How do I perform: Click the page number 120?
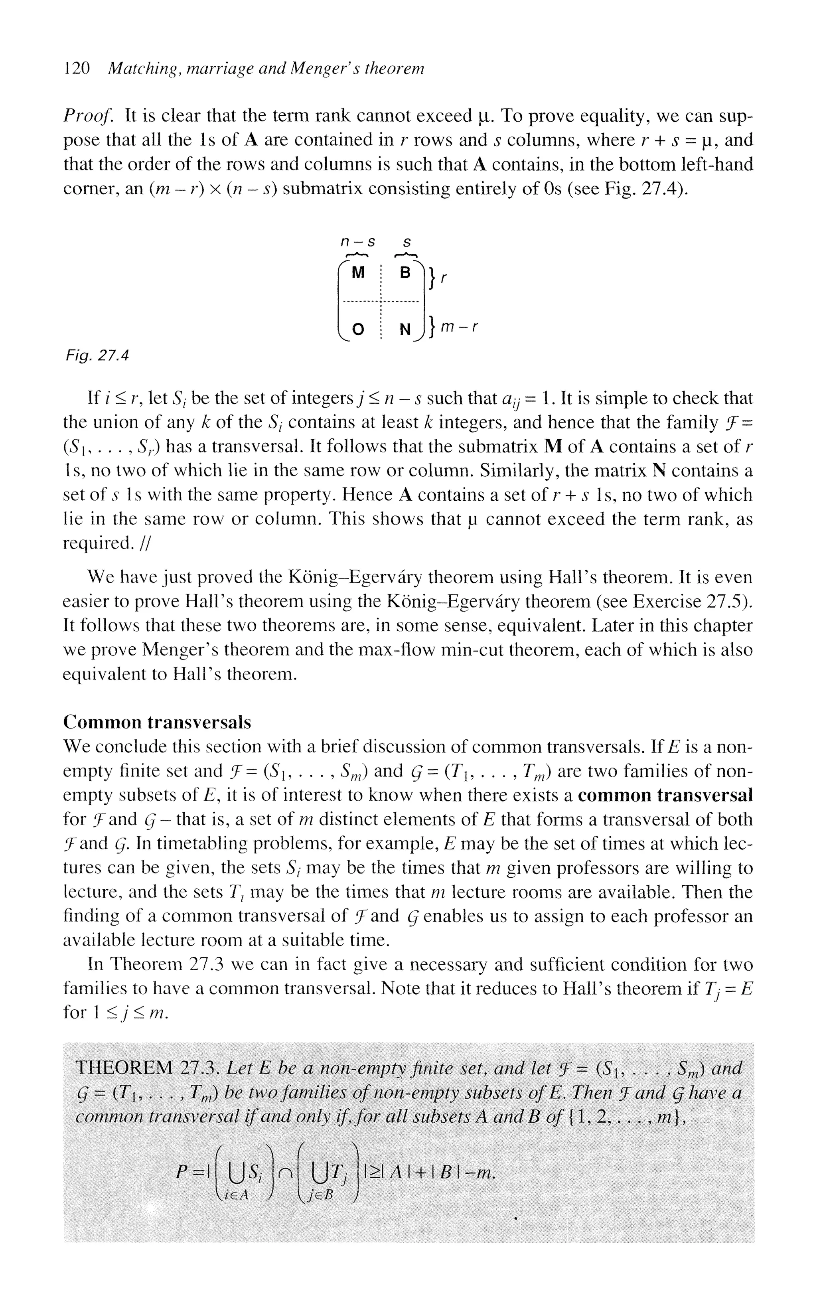tap(76, 69)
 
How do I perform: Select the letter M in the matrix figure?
tap(357, 273)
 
